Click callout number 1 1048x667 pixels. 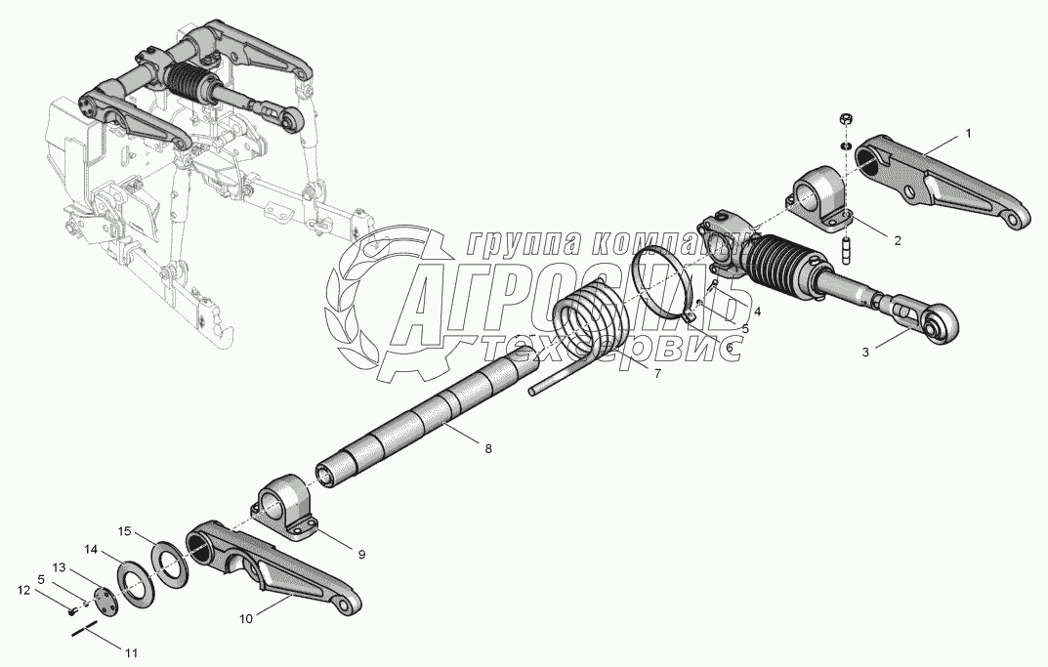click(x=968, y=134)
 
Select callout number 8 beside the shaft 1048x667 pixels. click(x=488, y=448)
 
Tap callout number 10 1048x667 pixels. click(x=244, y=618)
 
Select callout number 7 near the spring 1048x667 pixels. click(x=657, y=374)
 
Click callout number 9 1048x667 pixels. click(x=360, y=554)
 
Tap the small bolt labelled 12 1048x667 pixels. click(x=71, y=612)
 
